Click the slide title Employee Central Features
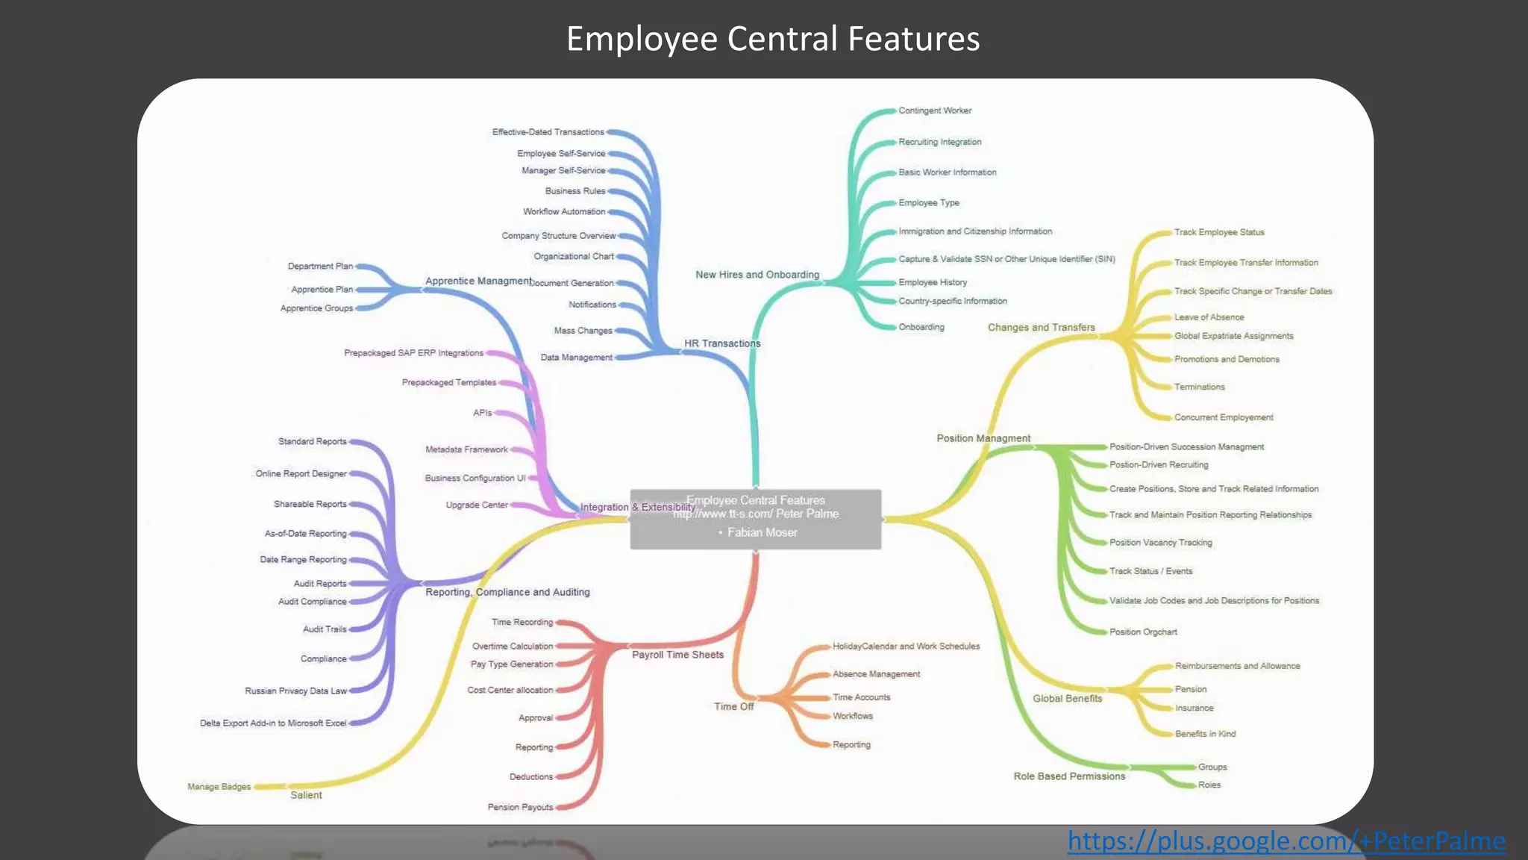pyautogui.click(x=772, y=39)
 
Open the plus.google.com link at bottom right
pyautogui.click(x=1286, y=841)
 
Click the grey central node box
pyautogui.click(x=755, y=520)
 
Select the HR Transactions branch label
pyautogui.click(x=722, y=343)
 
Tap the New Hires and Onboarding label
pyautogui.click(x=757, y=275)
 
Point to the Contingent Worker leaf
pyautogui.click(x=935, y=110)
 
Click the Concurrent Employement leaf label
pyautogui.click(x=1224, y=417)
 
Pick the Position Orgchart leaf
pyautogui.click(x=1143, y=632)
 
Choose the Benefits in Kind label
pyautogui.click(x=1205, y=734)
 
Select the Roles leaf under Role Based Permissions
pyautogui.click(x=1209, y=785)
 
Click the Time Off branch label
pyautogui.click(x=733, y=706)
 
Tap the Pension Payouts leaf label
pyautogui.click(x=520, y=807)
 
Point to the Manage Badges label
pyautogui.click(x=219, y=787)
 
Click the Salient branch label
pyautogui.click(x=306, y=795)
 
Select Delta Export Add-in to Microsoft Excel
pyautogui.click(x=273, y=723)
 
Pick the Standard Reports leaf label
pyautogui.click(x=313, y=442)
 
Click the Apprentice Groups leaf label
pyautogui.click(x=316, y=308)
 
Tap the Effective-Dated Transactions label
pyautogui.click(x=548, y=132)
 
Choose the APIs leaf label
pyautogui.click(x=482, y=413)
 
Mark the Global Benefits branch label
pyautogui.click(x=1067, y=699)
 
